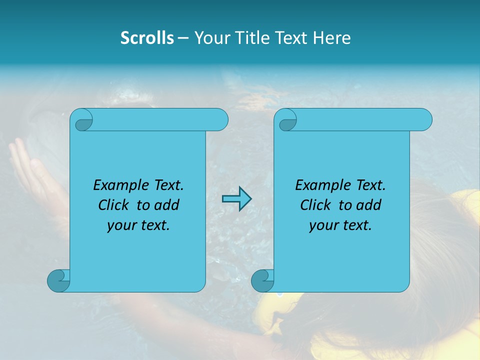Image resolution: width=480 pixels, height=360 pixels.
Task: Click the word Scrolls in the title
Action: click(x=147, y=38)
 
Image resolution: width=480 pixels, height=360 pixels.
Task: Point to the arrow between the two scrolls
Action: click(x=236, y=199)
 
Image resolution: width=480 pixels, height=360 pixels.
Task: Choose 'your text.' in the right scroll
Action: click(x=340, y=225)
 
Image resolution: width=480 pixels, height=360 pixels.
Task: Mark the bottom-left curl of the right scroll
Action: click(x=261, y=280)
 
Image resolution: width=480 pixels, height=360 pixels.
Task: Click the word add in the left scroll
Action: click(x=167, y=205)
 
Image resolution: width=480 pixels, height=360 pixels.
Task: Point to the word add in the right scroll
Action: click(x=369, y=205)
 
